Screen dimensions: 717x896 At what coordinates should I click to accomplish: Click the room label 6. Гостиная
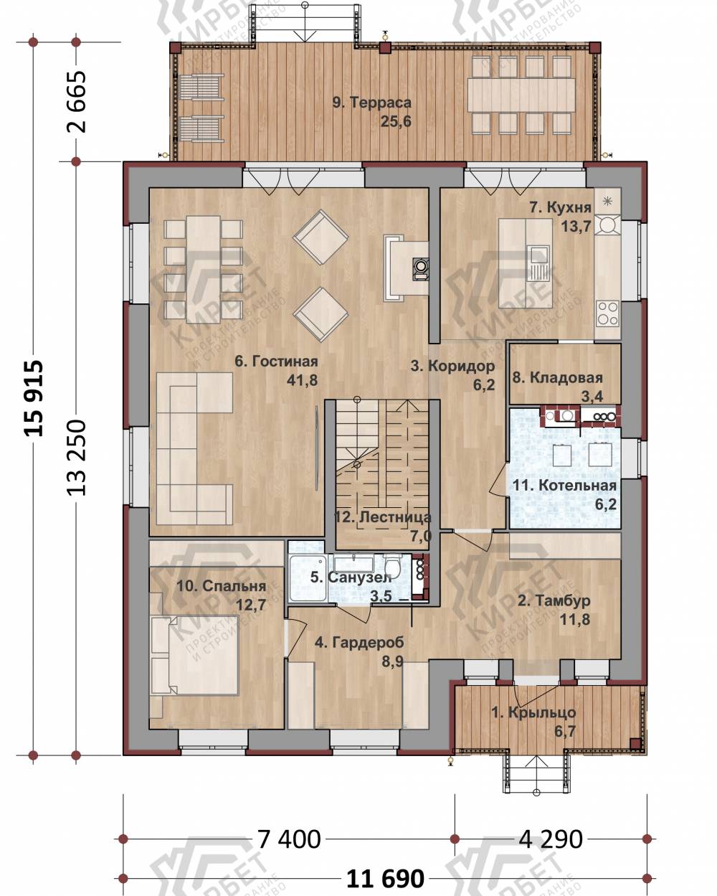coord(276,362)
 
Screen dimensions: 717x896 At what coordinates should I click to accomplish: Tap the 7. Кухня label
coord(560,207)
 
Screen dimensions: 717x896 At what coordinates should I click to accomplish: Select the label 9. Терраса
coord(371,103)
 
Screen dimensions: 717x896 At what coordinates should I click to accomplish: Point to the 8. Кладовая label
coord(558,377)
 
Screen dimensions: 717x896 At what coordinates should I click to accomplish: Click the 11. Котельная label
coord(564,485)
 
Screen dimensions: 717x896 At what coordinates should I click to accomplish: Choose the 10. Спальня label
coord(222,586)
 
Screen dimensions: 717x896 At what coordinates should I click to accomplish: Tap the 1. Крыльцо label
coord(533,712)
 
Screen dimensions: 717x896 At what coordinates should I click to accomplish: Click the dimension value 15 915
coord(34,397)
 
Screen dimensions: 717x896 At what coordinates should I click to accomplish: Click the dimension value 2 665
coord(76,102)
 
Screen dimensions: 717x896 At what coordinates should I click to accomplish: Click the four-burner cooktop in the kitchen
coord(607,313)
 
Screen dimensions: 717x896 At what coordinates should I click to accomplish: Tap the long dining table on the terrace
coord(521,95)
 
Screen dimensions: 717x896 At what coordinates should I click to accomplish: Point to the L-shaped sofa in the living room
coord(194,448)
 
